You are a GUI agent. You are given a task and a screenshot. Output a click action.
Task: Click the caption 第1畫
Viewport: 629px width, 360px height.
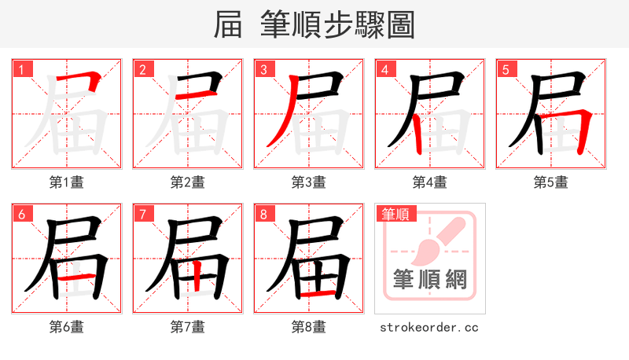pyautogui.click(x=67, y=182)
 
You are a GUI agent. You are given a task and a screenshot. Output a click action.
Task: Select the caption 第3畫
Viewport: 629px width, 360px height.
pyautogui.click(x=309, y=182)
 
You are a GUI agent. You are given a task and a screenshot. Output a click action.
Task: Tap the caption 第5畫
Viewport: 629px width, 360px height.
pyautogui.click(x=551, y=182)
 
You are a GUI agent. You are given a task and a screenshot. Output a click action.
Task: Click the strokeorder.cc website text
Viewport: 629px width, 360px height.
pyautogui.click(x=429, y=327)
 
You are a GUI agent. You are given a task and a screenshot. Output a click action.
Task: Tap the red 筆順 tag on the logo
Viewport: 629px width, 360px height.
pyautogui.click(x=397, y=214)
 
